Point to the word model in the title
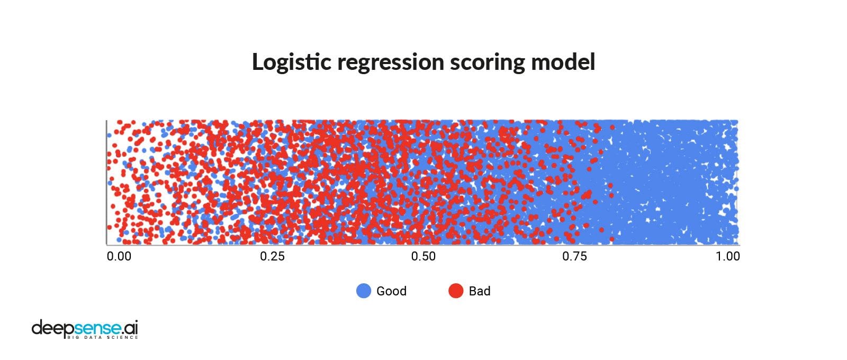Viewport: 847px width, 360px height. [563, 62]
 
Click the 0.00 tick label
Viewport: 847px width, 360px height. [119, 256]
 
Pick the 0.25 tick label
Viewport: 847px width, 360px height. [272, 256]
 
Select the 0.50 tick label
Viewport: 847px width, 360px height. [424, 256]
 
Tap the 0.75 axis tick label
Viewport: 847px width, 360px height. [575, 256]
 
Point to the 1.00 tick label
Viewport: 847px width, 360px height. [728, 256]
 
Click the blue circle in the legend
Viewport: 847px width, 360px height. [364, 291]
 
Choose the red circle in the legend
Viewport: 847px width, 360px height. [456, 291]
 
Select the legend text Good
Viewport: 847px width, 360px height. [391, 291]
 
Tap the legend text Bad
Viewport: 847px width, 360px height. [480, 291]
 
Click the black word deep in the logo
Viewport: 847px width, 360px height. [50, 328]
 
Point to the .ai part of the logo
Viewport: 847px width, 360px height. [129, 327]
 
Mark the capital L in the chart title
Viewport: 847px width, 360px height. [259, 62]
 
